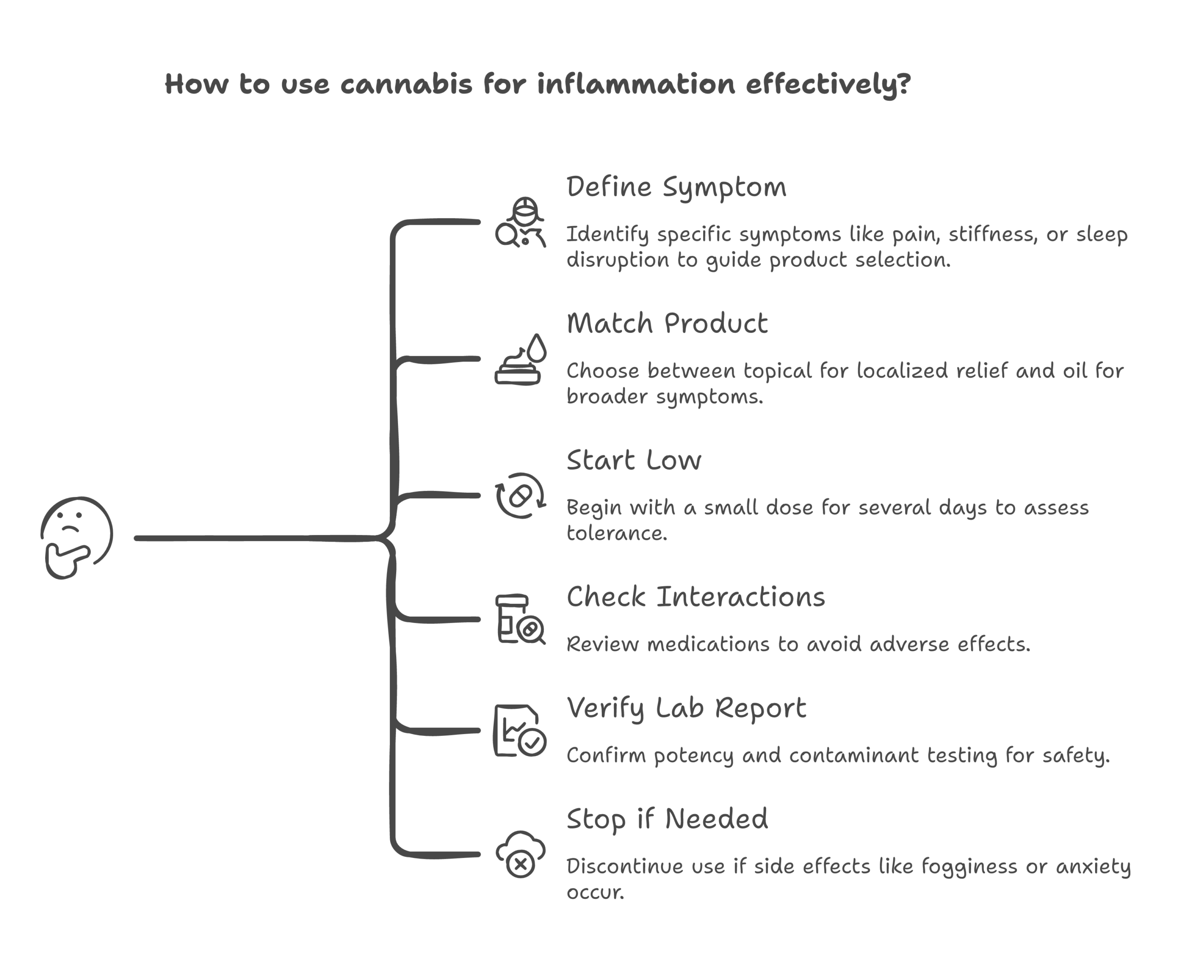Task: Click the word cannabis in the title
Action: coord(406,84)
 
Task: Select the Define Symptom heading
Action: coord(676,187)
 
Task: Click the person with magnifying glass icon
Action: coord(520,223)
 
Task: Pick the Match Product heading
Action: coord(667,324)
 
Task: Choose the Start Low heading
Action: coord(634,461)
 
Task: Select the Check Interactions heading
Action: coord(695,597)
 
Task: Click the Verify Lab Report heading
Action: coord(686,708)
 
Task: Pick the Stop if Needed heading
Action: coord(667,819)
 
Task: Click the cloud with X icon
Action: coord(520,854)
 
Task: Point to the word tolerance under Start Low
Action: coord(616,533)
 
